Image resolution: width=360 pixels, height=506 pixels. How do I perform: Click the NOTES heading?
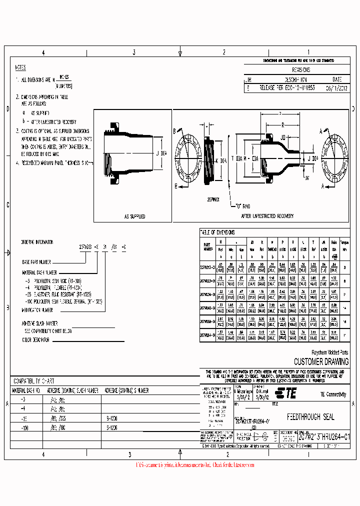[x=20, y=68]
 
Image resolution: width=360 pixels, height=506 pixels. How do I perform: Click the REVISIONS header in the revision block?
[x=300, y=70]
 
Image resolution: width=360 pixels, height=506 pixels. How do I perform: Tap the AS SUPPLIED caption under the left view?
[x=134, y=216]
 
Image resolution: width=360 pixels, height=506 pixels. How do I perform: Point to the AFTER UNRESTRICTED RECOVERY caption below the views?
[x=261, y=216]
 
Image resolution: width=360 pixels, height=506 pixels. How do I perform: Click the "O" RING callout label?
[x=245, y=205]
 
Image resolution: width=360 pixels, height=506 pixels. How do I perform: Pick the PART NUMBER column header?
[x=207, y=246]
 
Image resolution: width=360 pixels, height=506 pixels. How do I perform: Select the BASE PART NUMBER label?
[x=36, y=261]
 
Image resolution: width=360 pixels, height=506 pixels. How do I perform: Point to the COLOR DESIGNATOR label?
[x=36, y=340]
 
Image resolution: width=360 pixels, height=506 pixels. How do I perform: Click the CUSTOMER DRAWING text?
[x=321, y=361]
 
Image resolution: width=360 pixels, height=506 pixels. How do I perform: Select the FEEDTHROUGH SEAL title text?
[x=310, y=416]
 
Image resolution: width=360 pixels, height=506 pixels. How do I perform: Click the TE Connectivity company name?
[x=332, y=394]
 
